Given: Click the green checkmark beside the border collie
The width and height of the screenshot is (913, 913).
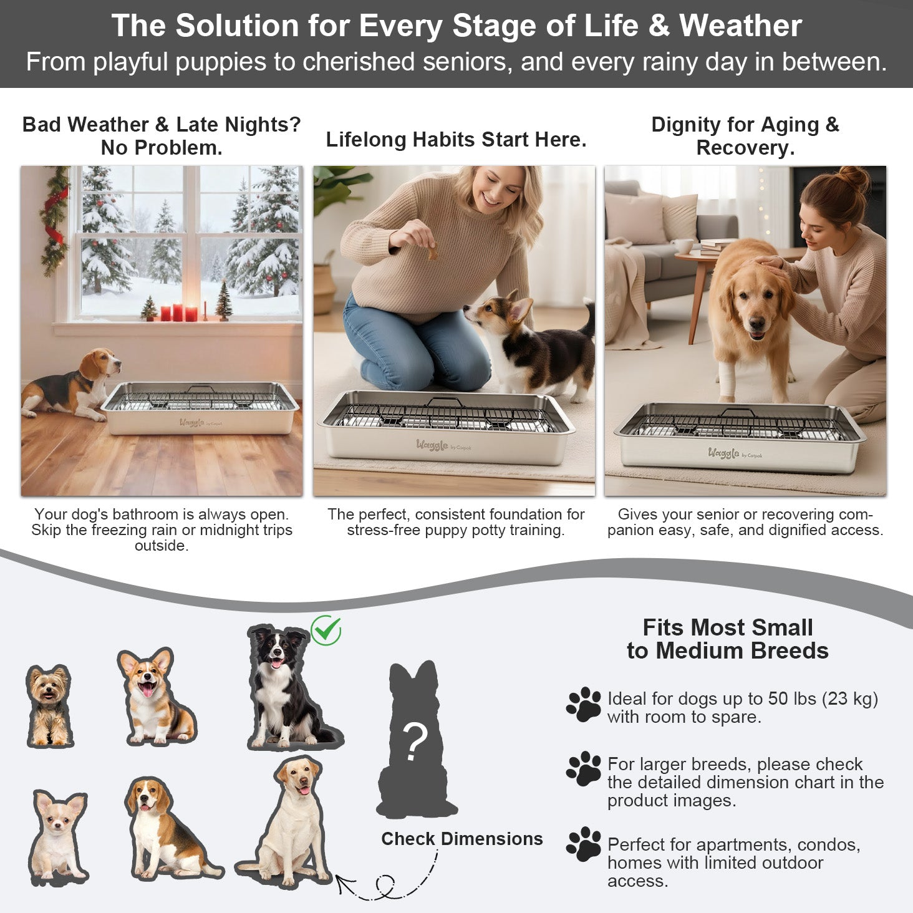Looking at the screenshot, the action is click(x=326, y=630).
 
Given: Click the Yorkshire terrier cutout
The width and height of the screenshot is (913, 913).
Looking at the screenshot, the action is click(x=49, y=706).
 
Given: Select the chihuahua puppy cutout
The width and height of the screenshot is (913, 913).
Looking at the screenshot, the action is click(x=59, y=837).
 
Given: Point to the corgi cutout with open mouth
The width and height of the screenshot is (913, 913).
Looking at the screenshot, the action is click(x=157, y=697).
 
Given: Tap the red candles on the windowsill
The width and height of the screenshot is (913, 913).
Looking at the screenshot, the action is click(x=178, y=312).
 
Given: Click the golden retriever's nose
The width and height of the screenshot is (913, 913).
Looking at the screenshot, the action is click(x=756, y=324).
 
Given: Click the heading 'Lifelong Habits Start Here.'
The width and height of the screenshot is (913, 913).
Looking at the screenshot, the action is click(x=456, y=139).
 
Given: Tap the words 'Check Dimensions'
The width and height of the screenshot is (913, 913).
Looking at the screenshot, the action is click(x=462, y=839).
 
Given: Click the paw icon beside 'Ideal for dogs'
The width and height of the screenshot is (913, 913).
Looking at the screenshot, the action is click(x=583, y=705).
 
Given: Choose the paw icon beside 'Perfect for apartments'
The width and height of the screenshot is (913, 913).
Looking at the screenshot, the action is click(x=583, y=844).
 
